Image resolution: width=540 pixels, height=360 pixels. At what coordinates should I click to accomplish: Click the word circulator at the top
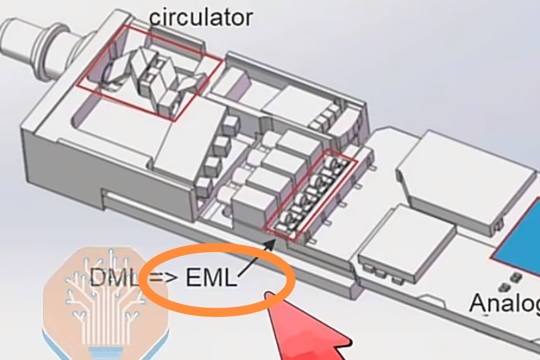[200, 16]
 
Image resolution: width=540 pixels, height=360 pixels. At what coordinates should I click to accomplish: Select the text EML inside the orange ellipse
[212, 278]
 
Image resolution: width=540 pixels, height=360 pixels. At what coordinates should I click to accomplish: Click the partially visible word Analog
[504, 303]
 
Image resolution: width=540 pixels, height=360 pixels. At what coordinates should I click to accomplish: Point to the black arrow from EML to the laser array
[258, 255]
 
